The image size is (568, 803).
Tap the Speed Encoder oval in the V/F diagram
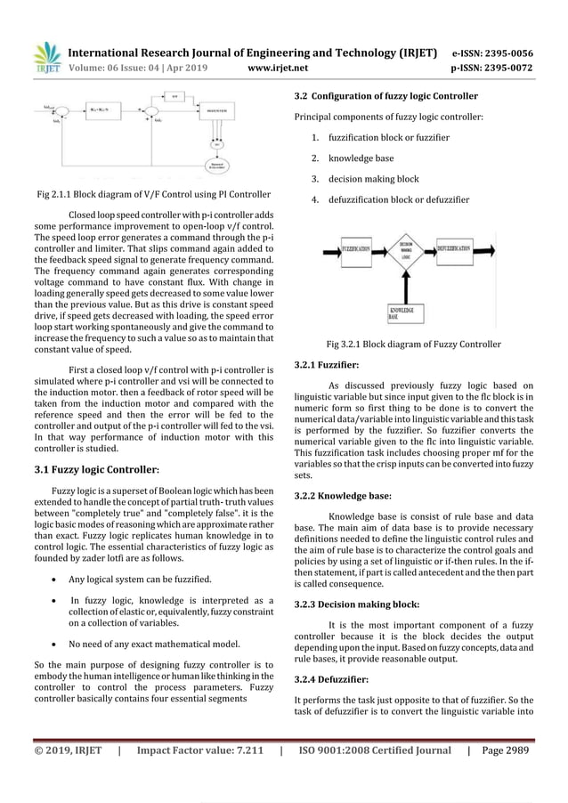tap(214, 166)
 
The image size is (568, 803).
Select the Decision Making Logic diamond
tap(405, 251)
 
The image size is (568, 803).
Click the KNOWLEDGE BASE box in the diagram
tap(405, 314)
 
